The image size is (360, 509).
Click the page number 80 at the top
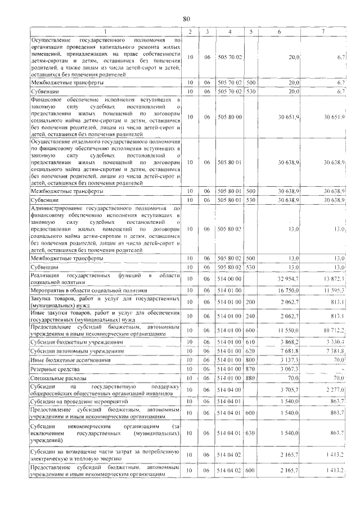187,18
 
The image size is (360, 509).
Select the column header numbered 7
322,31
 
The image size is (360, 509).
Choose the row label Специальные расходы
58,379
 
